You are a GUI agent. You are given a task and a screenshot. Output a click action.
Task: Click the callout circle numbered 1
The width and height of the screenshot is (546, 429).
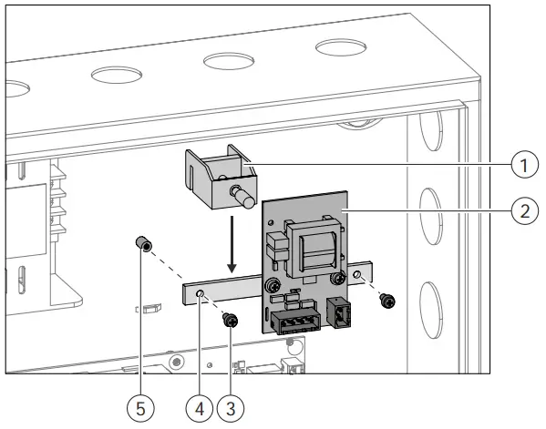(520, 164)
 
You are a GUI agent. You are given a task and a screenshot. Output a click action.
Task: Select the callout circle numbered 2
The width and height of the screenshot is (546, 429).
(520, 209)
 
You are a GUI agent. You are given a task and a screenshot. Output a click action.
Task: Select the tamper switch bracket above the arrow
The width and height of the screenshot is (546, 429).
(215, 178)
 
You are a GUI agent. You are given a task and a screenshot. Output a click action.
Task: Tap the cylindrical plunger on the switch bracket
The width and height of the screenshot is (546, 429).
(242, 194)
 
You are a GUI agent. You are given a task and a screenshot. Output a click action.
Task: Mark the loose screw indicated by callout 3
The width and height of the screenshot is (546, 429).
(232, 320)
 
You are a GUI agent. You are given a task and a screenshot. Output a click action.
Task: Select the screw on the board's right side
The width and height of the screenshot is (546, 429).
(338, 278)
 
